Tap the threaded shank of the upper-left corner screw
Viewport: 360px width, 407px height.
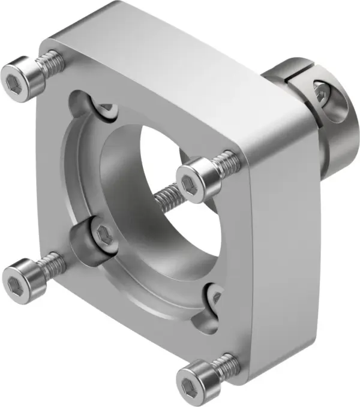(50, 61)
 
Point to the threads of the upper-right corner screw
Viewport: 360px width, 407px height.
(227, 160)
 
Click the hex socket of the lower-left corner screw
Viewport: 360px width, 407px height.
(14, 278)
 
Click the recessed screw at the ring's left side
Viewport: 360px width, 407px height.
(101, 234)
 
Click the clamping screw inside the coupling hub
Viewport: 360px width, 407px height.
(322, 92)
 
